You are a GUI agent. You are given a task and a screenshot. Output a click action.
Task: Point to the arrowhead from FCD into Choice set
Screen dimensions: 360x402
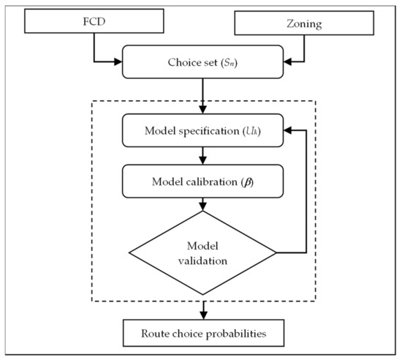[x=117, y=61]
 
